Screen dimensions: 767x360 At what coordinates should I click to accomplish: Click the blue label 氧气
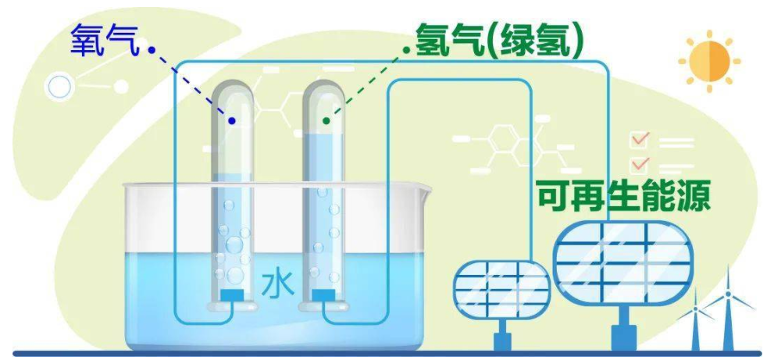pos(105,40)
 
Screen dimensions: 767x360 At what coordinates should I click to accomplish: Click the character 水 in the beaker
pos(277,284)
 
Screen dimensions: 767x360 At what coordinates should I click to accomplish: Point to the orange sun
pos(709,61)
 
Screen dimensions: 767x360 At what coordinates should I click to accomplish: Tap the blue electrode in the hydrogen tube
pos(323,295)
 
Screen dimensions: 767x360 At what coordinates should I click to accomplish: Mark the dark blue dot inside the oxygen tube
pos(232,120)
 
